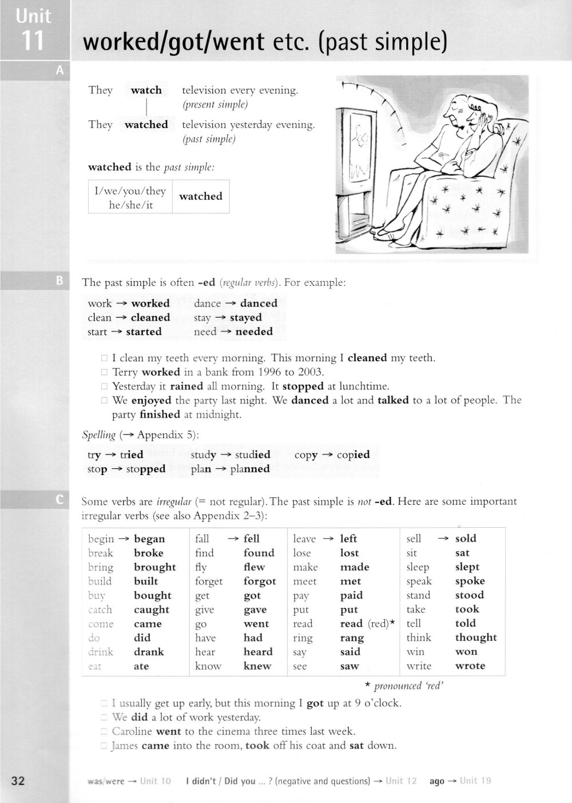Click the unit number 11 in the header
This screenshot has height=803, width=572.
(33, 41)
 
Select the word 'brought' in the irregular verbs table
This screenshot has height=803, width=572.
(154, 567)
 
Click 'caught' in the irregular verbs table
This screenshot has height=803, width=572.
(152, 610)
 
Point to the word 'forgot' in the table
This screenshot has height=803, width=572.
(260, 582)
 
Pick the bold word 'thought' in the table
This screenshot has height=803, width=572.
(476, 638)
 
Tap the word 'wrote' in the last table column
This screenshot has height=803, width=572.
(470, 666)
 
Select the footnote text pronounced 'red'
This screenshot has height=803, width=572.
(408, 686)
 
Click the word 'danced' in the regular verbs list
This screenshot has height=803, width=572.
(259, 303)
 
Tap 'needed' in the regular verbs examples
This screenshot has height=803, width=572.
(254, 332)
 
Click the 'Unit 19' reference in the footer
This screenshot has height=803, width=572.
(475, 781)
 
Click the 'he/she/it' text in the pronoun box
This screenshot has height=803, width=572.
(131, 205)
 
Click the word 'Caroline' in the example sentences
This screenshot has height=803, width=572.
(132, 731)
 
